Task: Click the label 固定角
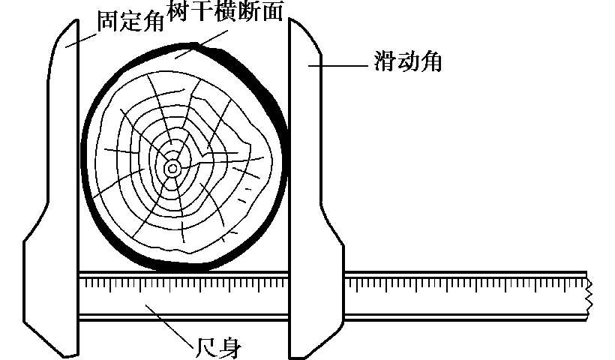point(130,22)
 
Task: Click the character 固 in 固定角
point(106,22)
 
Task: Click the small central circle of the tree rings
point(172,169)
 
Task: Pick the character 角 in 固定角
point(152,22)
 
